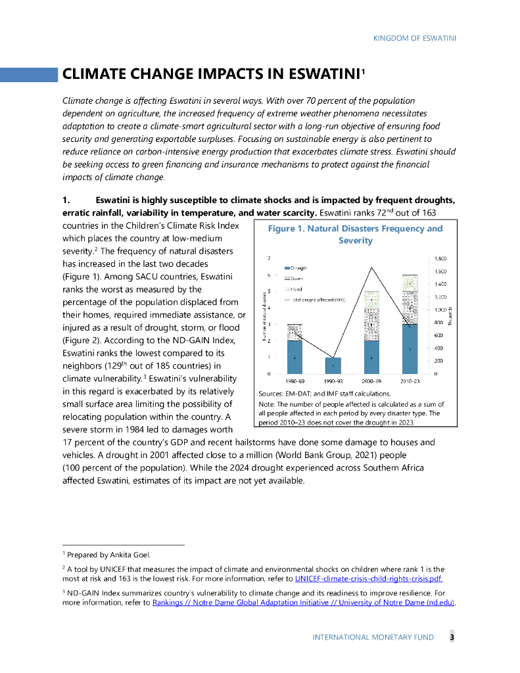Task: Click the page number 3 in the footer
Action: [452, 638]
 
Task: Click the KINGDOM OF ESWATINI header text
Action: [414, 37]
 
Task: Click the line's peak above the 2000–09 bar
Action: [372, 267]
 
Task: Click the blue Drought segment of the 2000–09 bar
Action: [371, 358]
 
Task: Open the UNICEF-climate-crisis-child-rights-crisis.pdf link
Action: [369, 579]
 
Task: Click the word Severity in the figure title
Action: [355, 241]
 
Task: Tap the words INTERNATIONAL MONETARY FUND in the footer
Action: [373, 638]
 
